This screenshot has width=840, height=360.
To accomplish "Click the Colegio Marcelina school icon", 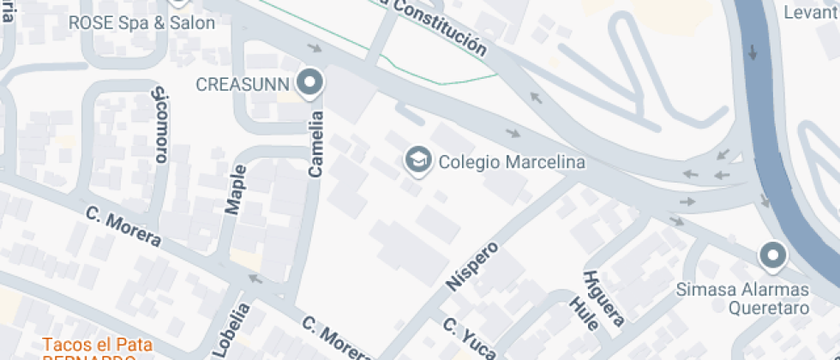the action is click(417, 160).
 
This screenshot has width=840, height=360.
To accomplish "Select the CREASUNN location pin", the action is click(309, 83).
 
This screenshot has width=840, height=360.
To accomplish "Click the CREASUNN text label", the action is click(244, 84).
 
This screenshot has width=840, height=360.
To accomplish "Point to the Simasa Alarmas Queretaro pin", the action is click(773, 255).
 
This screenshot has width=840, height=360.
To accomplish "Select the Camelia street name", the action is click(315, 144).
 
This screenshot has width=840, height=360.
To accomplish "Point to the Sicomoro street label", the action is click(159, 125).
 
